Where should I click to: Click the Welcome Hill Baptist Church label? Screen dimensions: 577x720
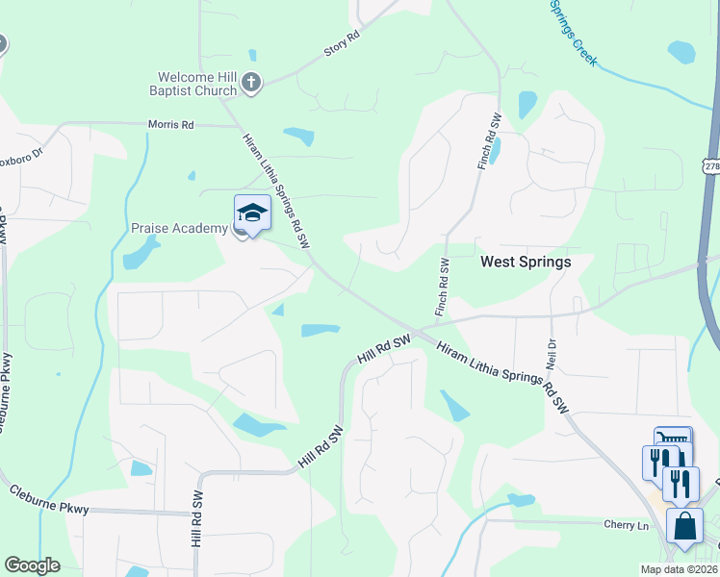[x=197, y=84]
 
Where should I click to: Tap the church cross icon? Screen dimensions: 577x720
[x=251, y=82]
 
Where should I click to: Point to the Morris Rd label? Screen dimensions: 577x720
[x=171, y=125]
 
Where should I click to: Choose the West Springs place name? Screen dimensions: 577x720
[x=526, y=262]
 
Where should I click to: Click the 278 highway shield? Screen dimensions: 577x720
[x=711, y=166]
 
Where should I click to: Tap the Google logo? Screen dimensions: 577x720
[x=32, y=565]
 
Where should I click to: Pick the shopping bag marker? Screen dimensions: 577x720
[x=684, y=527]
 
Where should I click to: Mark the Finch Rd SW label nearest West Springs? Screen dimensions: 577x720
[x=444, y=287]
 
